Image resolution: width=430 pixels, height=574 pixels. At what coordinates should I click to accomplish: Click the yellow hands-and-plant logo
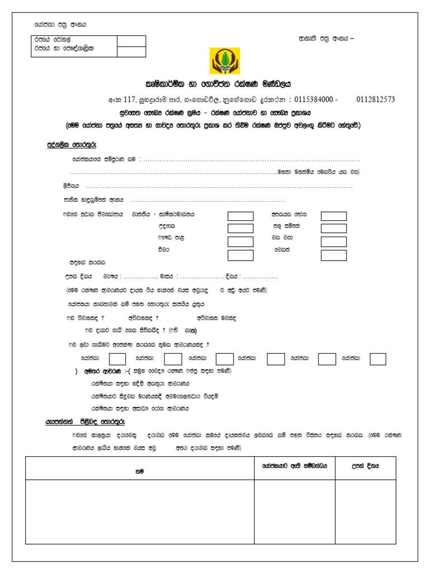tap(224, 61)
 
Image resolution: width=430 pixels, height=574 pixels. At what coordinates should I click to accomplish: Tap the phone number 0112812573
tap(375, 100)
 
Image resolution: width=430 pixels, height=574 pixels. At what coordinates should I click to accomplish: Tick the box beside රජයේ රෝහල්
tap(132, 41)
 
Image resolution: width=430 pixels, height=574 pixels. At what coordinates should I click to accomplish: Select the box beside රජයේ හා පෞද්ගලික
tap(132, 52)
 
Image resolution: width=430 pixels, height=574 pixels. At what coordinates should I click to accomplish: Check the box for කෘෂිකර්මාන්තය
tap(241, 216)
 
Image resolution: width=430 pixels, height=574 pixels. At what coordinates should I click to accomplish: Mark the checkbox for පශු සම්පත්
tap(334, 228)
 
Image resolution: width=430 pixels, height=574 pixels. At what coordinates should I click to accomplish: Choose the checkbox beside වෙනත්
tap(334, 255)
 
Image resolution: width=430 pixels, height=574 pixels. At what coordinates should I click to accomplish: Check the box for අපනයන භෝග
tap(334, 216)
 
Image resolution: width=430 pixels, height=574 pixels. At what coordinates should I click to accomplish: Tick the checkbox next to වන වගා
tap(334, 242)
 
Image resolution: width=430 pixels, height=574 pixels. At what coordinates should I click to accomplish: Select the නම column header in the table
tap(139, 471)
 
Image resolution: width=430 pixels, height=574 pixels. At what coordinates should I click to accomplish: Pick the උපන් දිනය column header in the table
tap(365, 466)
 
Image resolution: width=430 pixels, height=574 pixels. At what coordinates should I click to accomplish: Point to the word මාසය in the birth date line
tap(167, 277)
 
